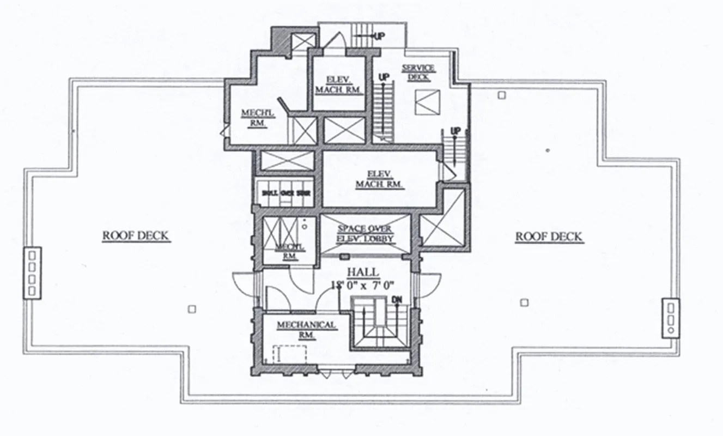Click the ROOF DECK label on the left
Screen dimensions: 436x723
pos(136,237)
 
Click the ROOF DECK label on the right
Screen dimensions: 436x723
pos(549,237)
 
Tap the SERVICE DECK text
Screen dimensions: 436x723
pos(418,72)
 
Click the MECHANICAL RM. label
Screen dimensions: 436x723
pos(306,330)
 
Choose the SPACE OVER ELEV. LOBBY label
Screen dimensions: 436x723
pos(364,233)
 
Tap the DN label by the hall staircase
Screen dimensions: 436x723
pos(397,300)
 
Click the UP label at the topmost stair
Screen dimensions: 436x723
pos(379,36)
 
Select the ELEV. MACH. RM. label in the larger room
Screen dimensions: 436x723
pos(379,179)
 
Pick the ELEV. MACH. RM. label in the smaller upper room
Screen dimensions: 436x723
pos(338,84)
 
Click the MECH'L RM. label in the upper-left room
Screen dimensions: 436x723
pos(253,118)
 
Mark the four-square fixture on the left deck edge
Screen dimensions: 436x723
pos(32,272)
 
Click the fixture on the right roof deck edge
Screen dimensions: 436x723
pos(671,317)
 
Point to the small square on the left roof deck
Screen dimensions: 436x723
pos(191,309)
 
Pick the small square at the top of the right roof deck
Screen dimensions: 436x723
pos(501,95)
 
